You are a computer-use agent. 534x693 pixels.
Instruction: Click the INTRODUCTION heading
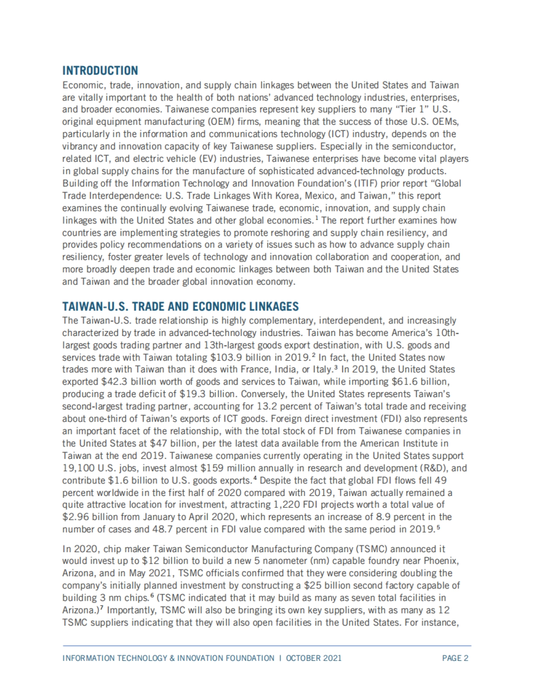tap(100, 70)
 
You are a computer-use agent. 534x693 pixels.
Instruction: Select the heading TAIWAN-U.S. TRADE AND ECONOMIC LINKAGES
tap(180, 307)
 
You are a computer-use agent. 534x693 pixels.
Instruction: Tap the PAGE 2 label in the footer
tap(455, 658)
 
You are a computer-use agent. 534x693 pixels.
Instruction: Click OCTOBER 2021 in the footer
tap(314, 658)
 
